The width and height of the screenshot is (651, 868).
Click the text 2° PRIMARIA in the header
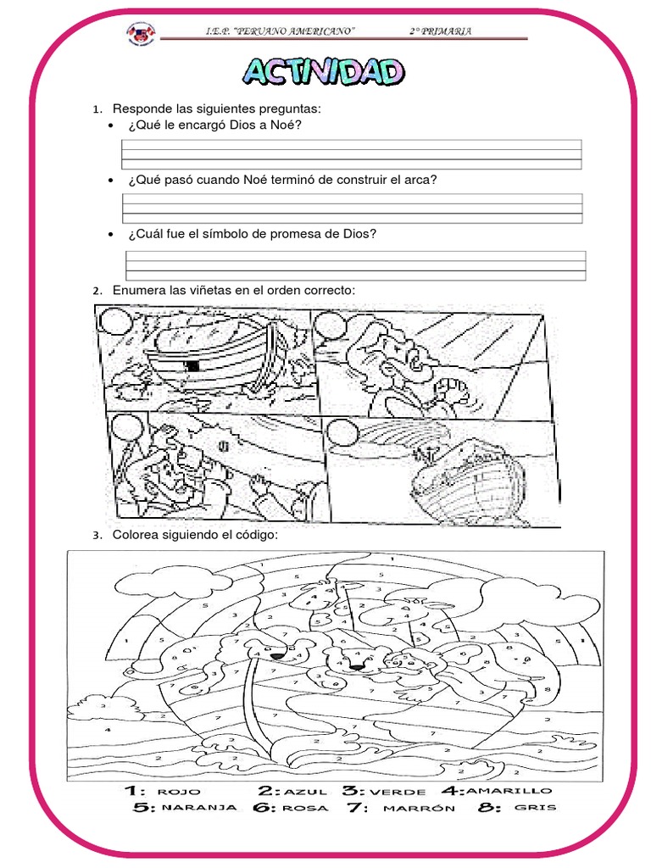[441, 31]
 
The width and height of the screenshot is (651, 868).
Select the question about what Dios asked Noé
[214, 125]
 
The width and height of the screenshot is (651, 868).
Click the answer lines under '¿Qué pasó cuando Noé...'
[352, 208]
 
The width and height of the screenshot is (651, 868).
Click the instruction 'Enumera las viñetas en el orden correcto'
[234, 291]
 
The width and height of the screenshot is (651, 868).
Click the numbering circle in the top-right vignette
[329, 325]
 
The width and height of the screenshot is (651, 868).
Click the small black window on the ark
[192, 366]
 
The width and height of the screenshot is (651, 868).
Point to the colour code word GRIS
[536, 808]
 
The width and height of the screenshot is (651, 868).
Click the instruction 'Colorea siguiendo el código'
[195, 534]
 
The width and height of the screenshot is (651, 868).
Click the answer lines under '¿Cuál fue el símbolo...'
[355, 265]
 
